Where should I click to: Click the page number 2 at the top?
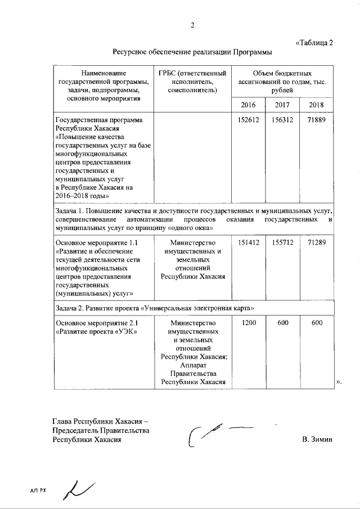192,25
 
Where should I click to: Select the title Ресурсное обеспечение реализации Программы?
192,52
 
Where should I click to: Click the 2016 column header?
248,105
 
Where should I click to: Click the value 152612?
248,120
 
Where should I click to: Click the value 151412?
248,242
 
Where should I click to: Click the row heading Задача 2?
70,308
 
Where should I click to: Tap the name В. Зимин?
317,439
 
